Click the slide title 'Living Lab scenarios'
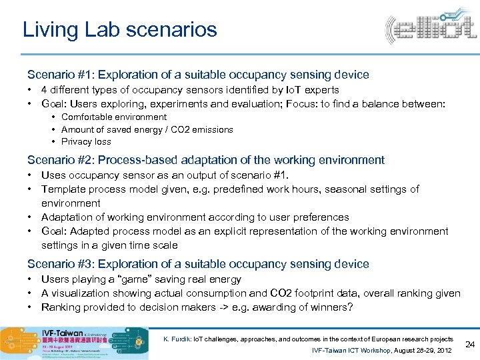click(x=119, y=30)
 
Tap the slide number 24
click(x=469, y=344)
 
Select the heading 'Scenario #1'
click(x=198, y=75)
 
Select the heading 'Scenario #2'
click(x=206, y=160)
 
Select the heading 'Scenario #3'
click(x=198, y=264)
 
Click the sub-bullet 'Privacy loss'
click(x=86, y=141)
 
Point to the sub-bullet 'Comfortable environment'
click(x=114, y=117)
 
